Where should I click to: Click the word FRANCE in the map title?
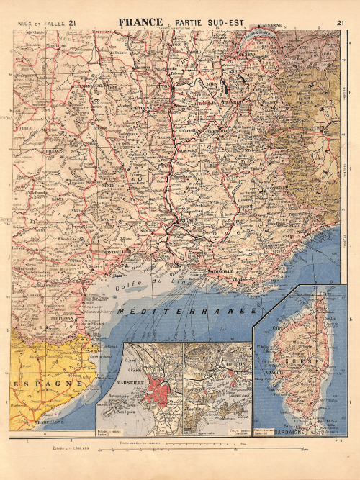[140, 23]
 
